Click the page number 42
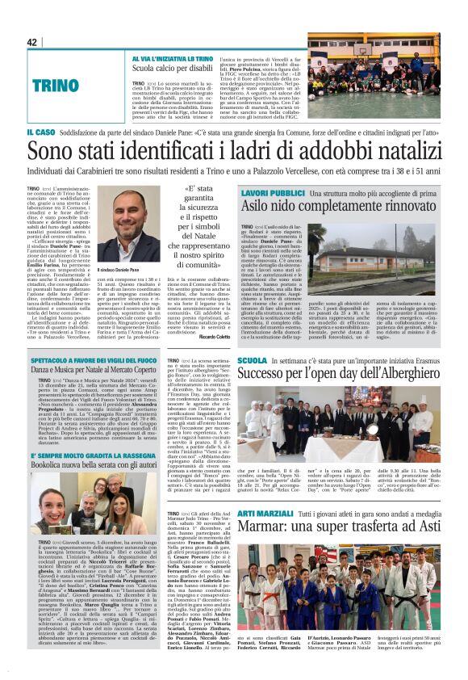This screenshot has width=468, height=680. coord(32,42)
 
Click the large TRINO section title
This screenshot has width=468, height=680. coord(54,83)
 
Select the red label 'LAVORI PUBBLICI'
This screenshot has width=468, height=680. coord(272,194)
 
